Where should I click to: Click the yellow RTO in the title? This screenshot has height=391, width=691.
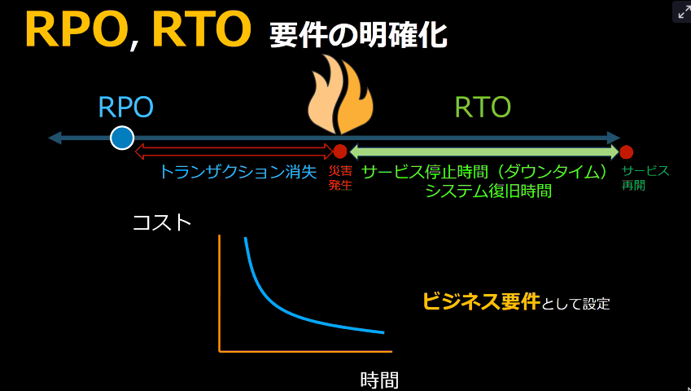coord(201,29)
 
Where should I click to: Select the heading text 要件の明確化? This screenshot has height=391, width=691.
coord(358,36)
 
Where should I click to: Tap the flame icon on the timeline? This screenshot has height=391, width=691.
coord(340,94)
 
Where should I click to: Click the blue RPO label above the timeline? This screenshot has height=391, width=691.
coord(126,107)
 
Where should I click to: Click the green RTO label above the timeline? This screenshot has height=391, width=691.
coord(483,107)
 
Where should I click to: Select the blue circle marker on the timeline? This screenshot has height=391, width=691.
coord(121,138)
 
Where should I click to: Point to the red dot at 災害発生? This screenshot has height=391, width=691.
coord(339,152)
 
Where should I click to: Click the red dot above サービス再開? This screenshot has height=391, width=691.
coord(626,152)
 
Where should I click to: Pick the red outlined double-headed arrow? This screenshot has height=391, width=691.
coord(234,152)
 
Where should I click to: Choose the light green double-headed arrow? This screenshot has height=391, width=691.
coord(484,152)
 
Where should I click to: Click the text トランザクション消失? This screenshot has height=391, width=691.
coord(238,173)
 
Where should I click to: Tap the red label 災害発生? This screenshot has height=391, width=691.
coord(340,178)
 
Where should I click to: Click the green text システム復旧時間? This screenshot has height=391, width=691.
coord(488,191)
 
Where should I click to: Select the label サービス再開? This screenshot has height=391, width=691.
coord(645,178)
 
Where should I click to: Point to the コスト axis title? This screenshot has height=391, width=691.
coord(162,223)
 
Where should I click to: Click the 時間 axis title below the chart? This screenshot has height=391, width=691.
coord(379,380)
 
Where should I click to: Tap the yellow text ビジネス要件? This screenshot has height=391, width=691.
coord(481,301)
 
